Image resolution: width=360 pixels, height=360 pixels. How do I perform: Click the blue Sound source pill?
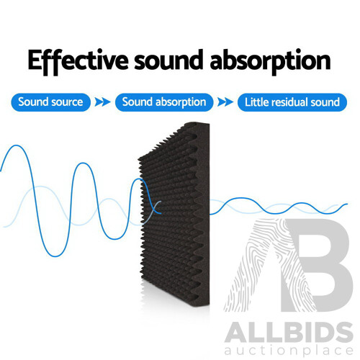(50, 102)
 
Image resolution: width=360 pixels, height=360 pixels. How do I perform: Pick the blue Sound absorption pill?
(164, 102)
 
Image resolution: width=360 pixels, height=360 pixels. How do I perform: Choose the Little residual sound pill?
(291, 102)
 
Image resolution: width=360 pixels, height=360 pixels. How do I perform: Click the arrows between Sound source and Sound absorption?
(103, 102)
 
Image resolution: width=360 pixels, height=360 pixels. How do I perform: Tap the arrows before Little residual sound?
(226, 102)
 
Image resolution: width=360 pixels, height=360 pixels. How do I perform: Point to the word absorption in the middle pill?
(179, 102)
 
